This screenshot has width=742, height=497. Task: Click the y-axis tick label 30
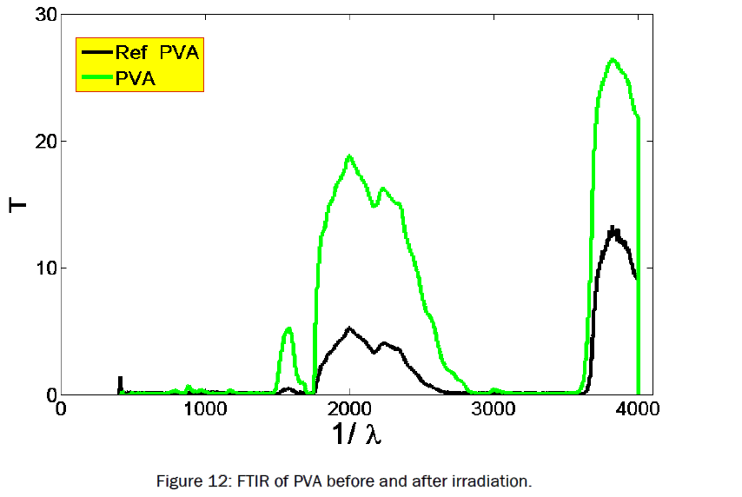(x=39, y=15)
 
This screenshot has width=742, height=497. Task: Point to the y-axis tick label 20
(x=39, y=141)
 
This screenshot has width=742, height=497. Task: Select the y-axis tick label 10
(x=39, y=268)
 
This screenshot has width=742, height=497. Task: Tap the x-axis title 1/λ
(x=355, y=434)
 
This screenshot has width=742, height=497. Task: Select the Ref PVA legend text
(x=157, y=54)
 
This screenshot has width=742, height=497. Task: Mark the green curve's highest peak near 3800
(x=613, y=60)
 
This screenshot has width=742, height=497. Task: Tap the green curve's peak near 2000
(x=349, y=156)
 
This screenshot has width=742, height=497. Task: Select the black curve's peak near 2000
(x=349, y=328)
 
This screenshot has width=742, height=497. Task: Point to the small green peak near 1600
(x=288, y=328)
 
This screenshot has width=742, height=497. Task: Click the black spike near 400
(x=120, y=380)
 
